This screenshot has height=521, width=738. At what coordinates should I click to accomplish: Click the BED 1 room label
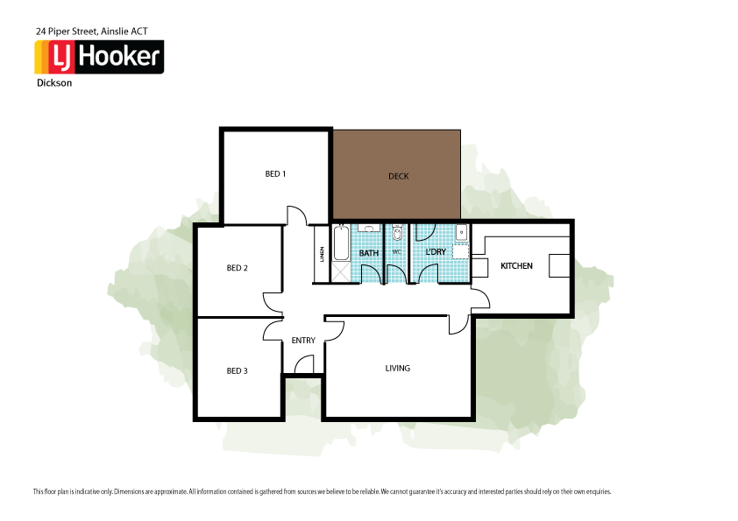(x=275, y=174)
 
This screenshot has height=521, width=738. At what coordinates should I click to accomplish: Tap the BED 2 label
(x=237, y=268)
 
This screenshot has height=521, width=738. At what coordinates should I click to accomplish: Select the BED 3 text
(x=237, y=370)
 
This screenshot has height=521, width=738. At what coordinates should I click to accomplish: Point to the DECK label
(x=398, y=176)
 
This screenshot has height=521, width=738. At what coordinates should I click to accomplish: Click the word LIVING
(x=397, y=368)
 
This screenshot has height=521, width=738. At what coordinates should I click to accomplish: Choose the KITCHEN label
(x=516, y=265)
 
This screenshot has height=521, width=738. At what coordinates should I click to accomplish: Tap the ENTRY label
(x=303, y=340)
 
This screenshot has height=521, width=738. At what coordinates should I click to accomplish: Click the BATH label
(x=368, y=253)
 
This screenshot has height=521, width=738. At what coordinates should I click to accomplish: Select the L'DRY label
(x=436, y=252)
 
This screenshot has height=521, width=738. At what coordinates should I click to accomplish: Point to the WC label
(x=396, y=253)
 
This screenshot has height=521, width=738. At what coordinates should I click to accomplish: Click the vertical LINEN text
(x=322, y=255)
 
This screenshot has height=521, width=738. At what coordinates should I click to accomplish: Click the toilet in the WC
(x=397, y=233)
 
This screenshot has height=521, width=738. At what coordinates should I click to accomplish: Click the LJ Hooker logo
(x=98, y=58)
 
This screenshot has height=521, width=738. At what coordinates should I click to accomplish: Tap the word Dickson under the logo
(x=53, y=84)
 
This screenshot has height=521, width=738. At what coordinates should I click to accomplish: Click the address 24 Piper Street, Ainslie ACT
(x=91, y=31)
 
